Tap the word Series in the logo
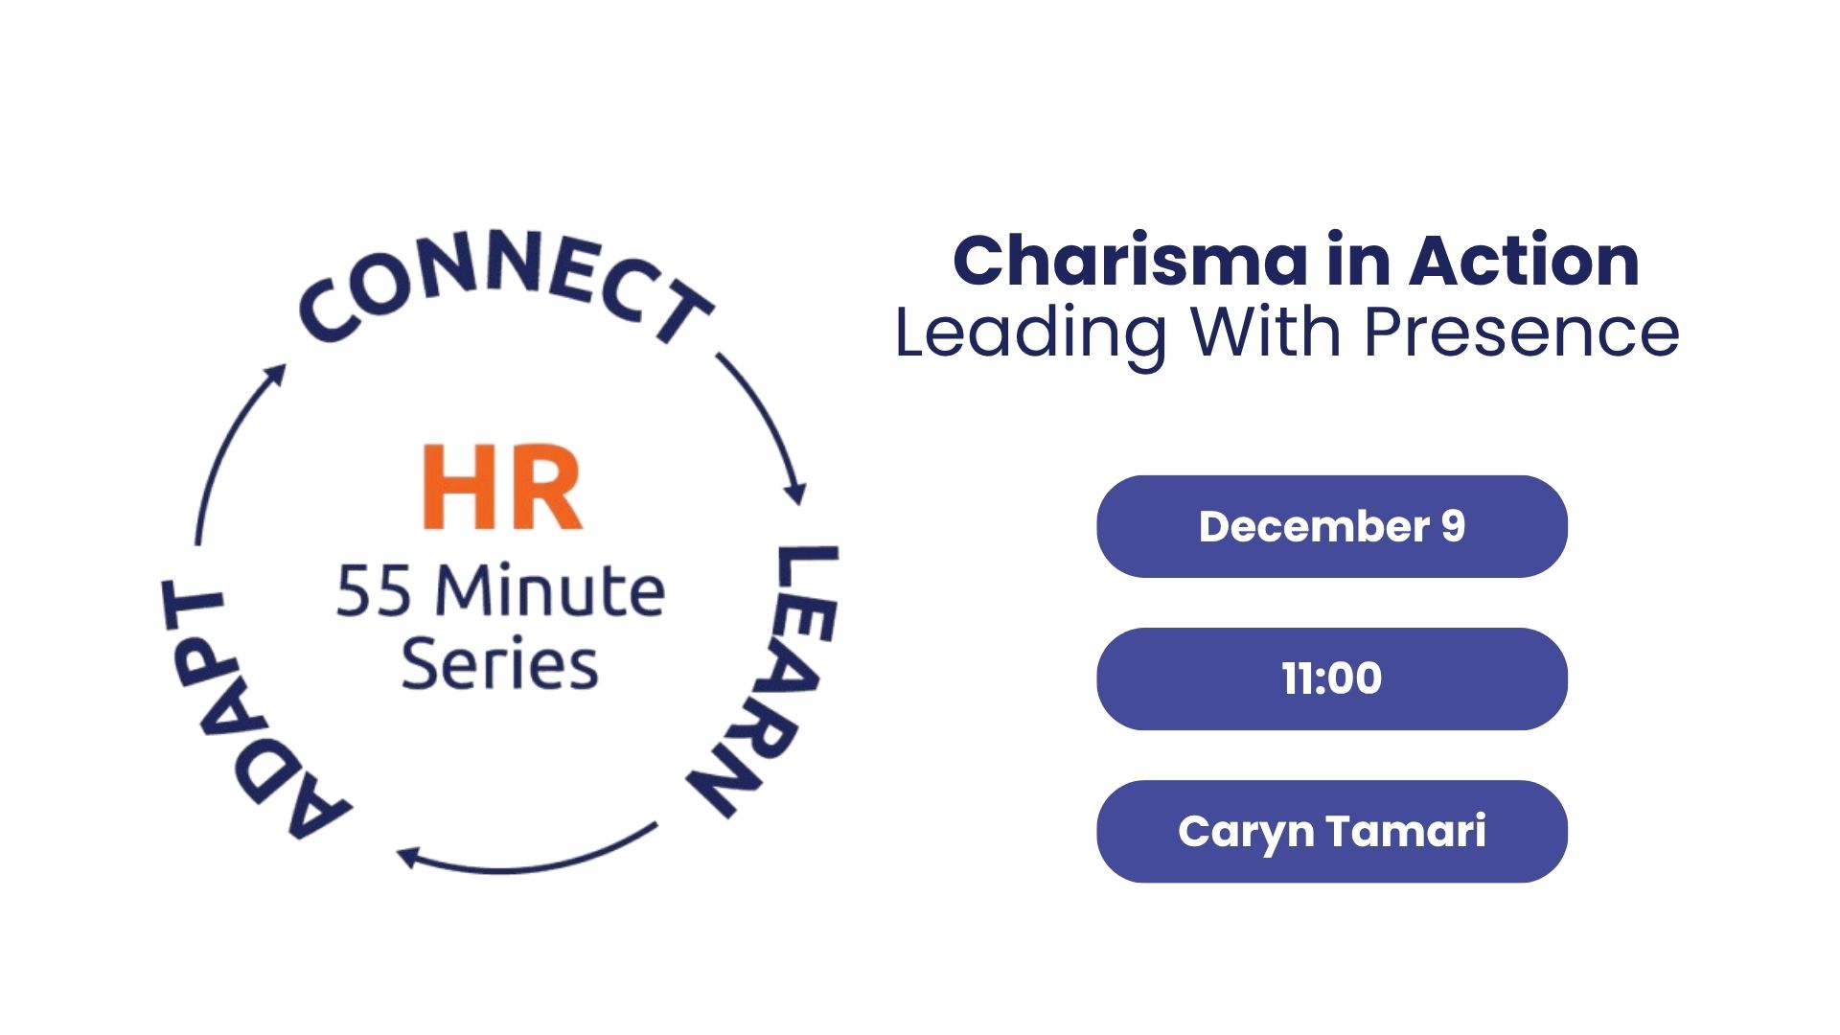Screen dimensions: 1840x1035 499,662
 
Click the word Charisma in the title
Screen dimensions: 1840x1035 1131,261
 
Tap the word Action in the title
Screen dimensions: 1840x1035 1524,261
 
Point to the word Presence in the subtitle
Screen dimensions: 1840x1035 1521,333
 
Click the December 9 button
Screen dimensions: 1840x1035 1332,526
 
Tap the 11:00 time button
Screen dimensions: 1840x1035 1332,678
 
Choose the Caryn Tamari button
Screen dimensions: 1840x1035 1332,831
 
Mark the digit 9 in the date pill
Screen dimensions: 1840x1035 1453,526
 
